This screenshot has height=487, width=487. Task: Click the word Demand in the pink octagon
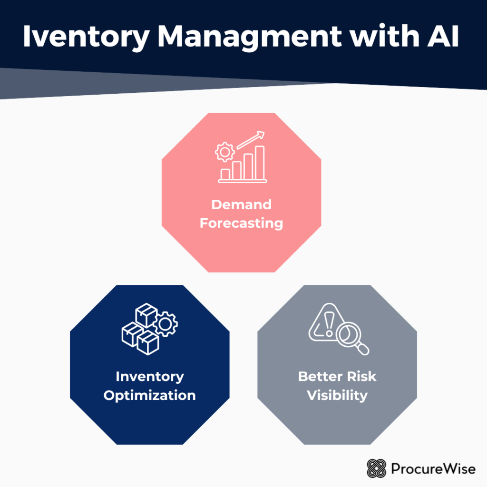241,205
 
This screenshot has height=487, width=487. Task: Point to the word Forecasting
241,223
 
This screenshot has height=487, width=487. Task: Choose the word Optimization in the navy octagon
149,395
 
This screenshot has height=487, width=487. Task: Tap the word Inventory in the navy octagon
149,377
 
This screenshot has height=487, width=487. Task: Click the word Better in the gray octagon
319,377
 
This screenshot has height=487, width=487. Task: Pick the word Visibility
337,395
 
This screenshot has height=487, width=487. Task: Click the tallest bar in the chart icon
259,163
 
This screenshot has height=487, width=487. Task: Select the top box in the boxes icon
146,314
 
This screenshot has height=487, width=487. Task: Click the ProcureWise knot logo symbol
376,468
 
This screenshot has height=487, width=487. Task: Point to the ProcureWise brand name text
433,469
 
